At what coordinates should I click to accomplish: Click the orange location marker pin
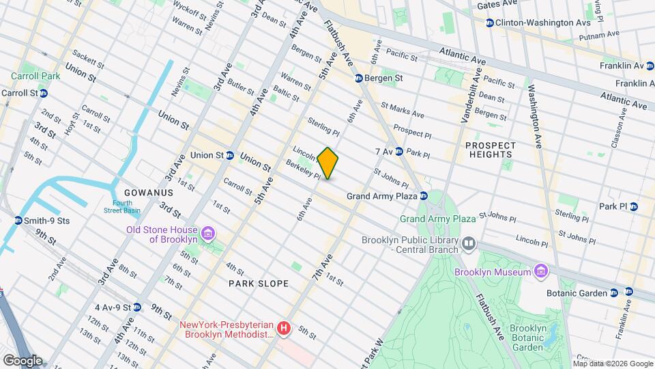(327, 163)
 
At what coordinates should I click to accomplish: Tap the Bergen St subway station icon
(358, 79)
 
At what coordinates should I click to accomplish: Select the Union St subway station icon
(231, 155)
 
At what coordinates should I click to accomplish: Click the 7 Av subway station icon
(398, 151)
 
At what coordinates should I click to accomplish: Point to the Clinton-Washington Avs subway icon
(490, 23)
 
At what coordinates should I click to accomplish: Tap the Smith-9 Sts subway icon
(18, 221)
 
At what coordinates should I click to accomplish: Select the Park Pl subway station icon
(633, 206)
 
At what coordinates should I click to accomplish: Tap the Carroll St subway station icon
(43, 93)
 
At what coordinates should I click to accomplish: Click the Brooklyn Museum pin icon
(541, 272)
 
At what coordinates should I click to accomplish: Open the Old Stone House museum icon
(208, 234)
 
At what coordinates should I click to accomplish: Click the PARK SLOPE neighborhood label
(259, 283)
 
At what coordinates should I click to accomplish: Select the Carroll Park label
(35, 76)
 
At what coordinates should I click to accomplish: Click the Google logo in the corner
(23, 360)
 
